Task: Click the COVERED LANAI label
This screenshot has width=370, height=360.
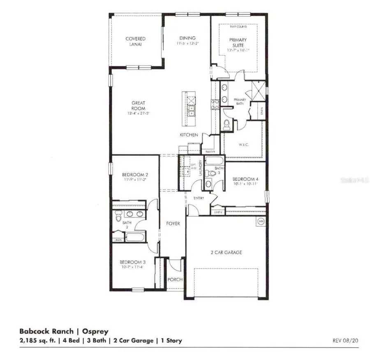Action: (x=135, y=42)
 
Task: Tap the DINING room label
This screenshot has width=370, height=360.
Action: (x=187, y=38)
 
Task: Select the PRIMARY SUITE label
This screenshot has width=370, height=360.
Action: (x=238, y=43)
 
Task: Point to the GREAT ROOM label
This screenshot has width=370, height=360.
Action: (x=138, y=106)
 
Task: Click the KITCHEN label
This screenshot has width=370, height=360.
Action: (x=189, y=135)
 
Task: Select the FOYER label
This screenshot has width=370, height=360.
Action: (x=173, y=224)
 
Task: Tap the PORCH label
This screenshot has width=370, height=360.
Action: (x=175, y=279)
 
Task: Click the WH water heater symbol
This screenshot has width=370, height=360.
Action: (x=260, y=221)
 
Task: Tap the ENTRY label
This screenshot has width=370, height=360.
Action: (x=199, y=198)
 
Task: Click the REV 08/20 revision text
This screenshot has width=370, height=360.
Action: (x=346, y=341)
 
